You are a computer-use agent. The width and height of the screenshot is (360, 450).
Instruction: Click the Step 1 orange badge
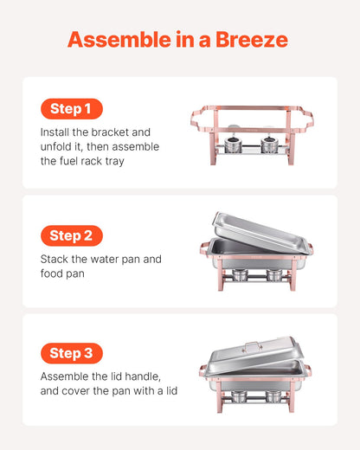(71, 109)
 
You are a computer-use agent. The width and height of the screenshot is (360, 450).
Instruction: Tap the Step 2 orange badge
(71, 235)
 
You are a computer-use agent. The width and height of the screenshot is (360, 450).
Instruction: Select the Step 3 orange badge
(71, 353)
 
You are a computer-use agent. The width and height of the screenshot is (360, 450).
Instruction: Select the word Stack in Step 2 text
(55, 259)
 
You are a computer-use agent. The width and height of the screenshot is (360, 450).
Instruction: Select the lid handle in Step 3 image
(251, 346)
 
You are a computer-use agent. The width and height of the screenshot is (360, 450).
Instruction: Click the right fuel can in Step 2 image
(273, 276)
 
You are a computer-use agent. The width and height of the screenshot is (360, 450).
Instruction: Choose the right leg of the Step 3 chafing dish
(294, 396)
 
